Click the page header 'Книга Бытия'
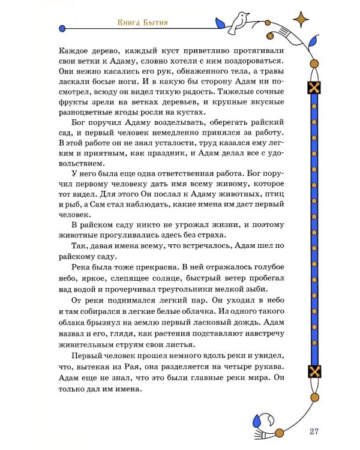point(142,23)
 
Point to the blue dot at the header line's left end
point(62,28)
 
